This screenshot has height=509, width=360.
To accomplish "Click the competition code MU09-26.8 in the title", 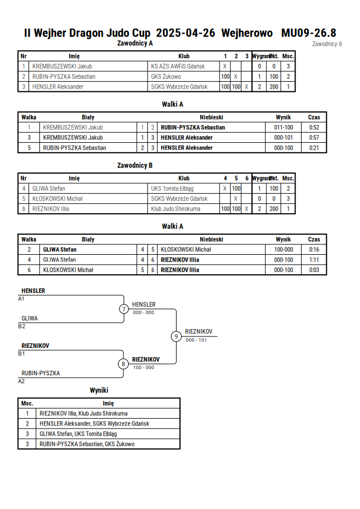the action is [x=309, y=33].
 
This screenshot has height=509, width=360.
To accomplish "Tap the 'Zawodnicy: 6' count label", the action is [x=327, y=44].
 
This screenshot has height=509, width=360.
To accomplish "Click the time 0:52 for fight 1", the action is [x=314, y=127].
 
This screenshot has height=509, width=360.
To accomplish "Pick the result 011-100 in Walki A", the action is [x=283, y=127].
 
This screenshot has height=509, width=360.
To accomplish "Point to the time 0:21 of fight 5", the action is [x=314, y=148].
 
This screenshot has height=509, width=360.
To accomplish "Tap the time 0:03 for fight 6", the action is [x=314, y=270].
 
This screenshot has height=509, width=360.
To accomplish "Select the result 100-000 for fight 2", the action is [x=283, y=250].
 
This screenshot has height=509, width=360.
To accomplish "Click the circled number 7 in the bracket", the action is [x=123, y=309].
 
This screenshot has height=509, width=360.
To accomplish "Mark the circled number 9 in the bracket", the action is [x=176, y=336].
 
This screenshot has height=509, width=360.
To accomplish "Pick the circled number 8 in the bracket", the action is [x=123, y=364].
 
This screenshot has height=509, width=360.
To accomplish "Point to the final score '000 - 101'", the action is [x=196, y=340].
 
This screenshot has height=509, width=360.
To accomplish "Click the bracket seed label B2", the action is [x=21, y=326].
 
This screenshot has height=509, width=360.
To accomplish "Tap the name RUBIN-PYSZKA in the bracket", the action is [x=41, y=373].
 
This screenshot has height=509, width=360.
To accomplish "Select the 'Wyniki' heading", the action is [x=99, y=390].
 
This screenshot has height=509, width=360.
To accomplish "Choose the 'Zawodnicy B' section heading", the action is [x=135, y=166].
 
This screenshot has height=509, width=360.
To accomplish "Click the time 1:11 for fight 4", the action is [x=314, y=260].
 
